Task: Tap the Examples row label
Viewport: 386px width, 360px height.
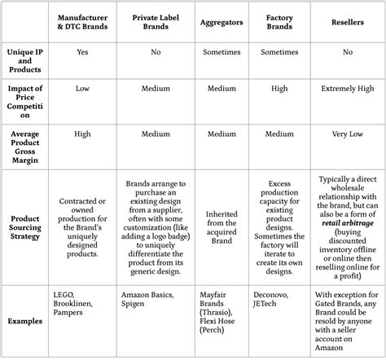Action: click(x=24, y=322)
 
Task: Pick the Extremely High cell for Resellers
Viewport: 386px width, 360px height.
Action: click(x=349, y=89)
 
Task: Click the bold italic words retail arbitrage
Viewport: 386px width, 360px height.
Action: click(x=349, y=224)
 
